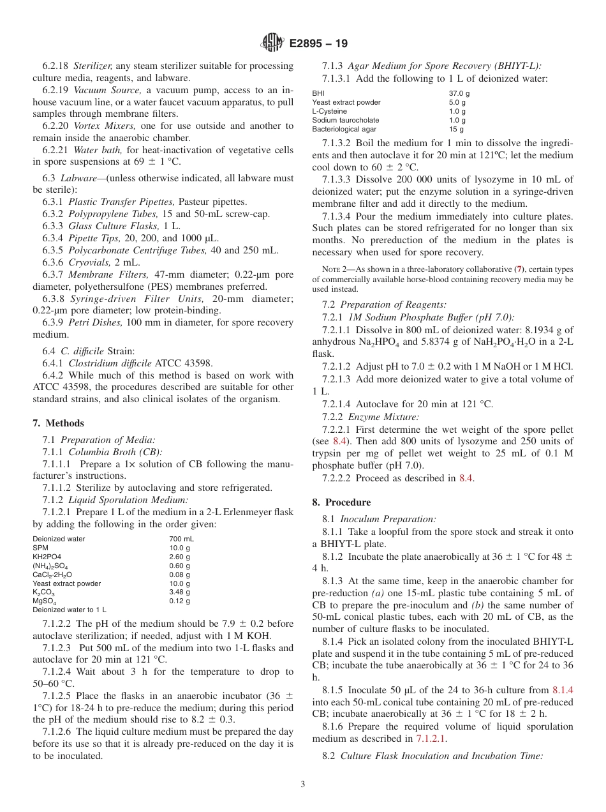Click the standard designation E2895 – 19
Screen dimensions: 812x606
[318, 44]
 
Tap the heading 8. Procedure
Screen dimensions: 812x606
[341, 502]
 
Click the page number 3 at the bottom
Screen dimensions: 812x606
[302, 784]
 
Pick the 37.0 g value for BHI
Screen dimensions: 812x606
[457, 93]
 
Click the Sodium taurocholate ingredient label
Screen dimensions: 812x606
[345, 120]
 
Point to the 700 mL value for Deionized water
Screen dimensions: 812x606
[181, 539]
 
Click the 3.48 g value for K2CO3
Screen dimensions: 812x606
[179, 592]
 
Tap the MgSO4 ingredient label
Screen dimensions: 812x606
[45, 601]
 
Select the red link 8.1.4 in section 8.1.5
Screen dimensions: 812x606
[563, 689]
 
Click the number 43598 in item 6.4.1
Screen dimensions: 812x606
[199, 363]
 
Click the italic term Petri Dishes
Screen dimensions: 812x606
[95, 323]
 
